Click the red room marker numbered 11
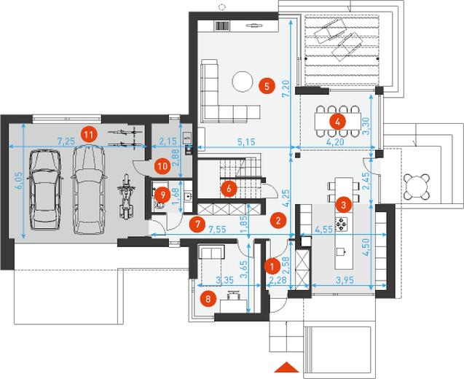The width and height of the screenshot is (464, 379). coord(89,135)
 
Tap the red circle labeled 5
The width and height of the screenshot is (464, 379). coord(267,87)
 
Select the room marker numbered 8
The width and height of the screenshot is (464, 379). coord(208,299)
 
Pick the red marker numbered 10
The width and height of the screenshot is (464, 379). coord(162,166)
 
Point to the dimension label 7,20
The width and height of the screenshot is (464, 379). coord(286,89)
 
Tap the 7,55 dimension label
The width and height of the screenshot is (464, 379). coord(217,229)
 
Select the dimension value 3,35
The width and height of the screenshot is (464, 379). coord(224,280)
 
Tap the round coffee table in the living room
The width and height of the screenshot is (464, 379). coord(243,82)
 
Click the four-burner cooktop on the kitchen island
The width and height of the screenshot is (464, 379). coord(341,224)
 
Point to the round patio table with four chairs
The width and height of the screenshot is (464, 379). coord(417,187)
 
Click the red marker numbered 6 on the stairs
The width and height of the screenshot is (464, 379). coord(229,189)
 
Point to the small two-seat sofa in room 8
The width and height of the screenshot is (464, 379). coord(211,251)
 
